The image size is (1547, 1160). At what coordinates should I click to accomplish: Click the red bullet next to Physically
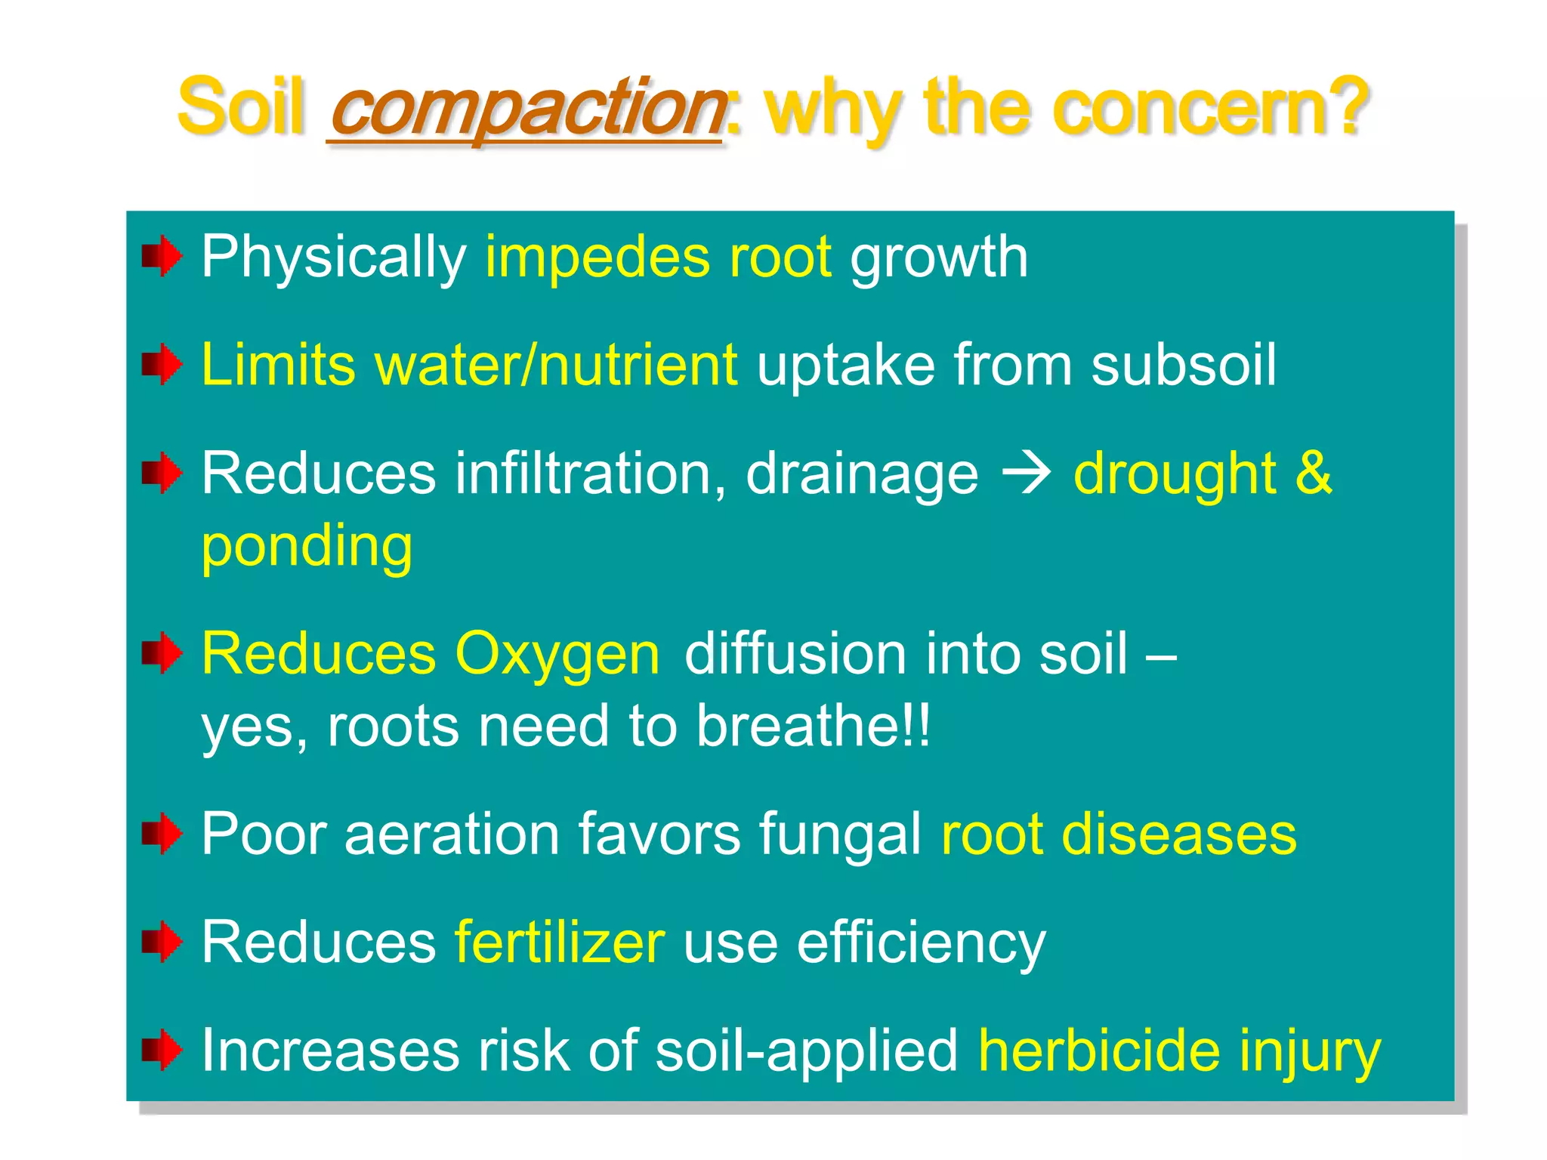point(162,257)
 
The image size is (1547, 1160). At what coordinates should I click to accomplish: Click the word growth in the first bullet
point(939,258)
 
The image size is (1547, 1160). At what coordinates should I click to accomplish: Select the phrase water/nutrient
point(556,365)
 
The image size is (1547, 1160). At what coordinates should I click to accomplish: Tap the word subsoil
point(1184,365)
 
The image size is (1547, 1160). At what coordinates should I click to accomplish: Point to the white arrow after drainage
point(1026,474)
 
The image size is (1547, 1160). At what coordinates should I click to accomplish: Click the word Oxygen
point(557,654)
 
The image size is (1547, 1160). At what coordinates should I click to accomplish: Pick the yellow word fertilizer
point(559,942)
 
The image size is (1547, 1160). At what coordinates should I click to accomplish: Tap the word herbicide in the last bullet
point(1098,1051)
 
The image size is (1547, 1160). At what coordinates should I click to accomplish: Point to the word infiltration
point(582,474)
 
